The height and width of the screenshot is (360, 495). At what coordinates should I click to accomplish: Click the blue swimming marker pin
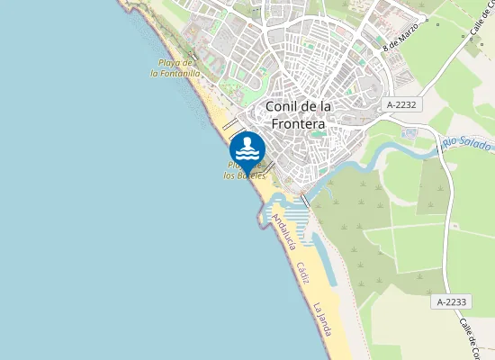coord(247,148)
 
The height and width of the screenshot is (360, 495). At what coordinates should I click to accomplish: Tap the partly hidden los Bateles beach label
coord(244,175)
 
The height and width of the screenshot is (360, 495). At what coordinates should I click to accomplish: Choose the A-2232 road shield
coord(401,105)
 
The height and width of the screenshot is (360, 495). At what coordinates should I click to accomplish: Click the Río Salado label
coord(466,145)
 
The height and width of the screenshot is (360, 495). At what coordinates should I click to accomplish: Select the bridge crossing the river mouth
coord(306,199)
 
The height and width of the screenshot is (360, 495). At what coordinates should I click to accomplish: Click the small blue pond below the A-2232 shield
coord(410,132)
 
